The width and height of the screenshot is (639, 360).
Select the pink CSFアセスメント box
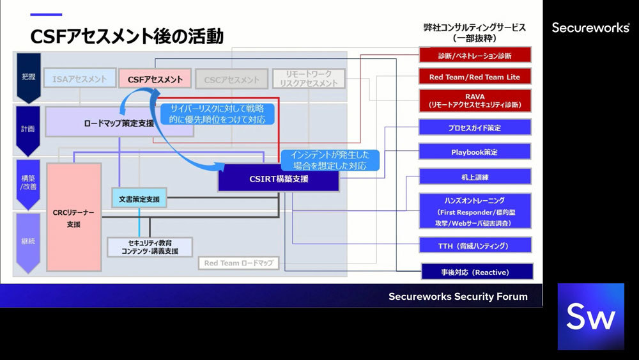155,79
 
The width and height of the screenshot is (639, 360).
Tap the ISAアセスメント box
81,79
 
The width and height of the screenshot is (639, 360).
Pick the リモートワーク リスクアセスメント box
308,79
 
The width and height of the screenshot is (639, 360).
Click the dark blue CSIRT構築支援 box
279,179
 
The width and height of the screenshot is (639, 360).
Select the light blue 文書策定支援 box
139,199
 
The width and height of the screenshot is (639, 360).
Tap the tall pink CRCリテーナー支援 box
73,217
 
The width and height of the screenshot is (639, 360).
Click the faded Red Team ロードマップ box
238,263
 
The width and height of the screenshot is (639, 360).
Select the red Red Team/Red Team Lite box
475,77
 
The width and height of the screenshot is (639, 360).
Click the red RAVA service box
475,100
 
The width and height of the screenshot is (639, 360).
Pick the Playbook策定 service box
475,152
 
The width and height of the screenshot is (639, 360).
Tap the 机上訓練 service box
475,176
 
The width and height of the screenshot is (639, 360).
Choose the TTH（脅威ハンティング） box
475,245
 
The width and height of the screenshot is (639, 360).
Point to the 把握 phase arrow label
29,77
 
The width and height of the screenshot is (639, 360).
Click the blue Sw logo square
590,317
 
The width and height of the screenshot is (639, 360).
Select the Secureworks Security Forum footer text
458,296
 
